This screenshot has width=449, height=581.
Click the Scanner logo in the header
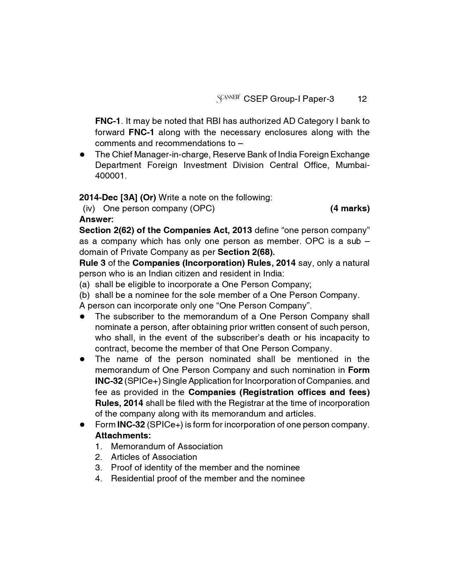point(228,99)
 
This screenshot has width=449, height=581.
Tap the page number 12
point(362,99)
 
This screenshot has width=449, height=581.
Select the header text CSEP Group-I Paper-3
point(289,99)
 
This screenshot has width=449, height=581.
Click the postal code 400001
point(110,176)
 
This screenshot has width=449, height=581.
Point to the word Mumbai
point(351,165)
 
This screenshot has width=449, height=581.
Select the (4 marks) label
point(350,208)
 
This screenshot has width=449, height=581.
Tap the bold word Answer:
point(96,219)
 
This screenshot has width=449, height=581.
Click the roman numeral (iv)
point(89,208)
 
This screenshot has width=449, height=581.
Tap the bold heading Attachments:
point(123,436)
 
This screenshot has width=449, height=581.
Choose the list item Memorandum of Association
point(167,446)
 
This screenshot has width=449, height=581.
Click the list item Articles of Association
point(154,457)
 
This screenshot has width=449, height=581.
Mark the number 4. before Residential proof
point(99,479)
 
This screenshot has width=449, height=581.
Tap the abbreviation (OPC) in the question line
point(202,208)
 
